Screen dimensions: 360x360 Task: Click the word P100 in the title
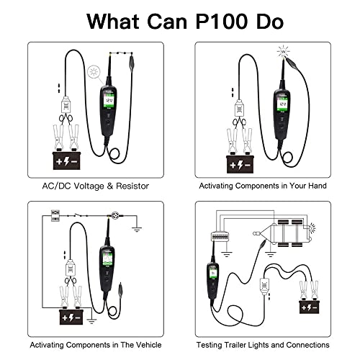pyautogui.click(x=222, y=22)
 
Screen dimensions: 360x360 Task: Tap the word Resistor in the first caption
pyautogui.click(x=132, y=186)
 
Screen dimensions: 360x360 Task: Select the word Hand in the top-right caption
pyautogui.click(x=317, y=186)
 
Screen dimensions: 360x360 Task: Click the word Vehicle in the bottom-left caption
pyautogui.click(x=149, y=345)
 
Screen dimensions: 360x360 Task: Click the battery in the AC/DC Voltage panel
pyautogui.click(x=66, y=160)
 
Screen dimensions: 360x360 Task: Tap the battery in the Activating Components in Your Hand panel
pyautogui.click(x=240, y=164)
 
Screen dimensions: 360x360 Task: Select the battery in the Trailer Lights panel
pyautogui.click(x=310, y=307)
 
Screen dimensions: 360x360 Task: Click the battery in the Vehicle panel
pyautogui.click(x=71, y=317)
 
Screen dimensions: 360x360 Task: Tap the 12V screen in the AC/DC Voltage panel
pyautogui.click(x=109, y=102)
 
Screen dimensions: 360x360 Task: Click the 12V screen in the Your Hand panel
pyautogui.click(x=282, y=104)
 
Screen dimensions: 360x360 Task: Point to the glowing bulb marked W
pyautogui.click(x=284, y=51)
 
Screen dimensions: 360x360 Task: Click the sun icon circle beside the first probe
pyautogui.click(x=94, y=71)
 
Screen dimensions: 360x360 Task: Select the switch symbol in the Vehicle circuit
pyautogui.click(x=77, y=215)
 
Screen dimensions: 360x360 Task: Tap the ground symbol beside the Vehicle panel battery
pyautogui.click(x=91, y=321)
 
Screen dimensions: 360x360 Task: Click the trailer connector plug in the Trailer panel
pyautogui.click(x=220, y=236)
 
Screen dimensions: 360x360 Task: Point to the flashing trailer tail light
pyautogui.click(x=312, y=228)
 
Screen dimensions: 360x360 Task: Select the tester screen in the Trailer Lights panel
pyautogui.click(x=212, y=273)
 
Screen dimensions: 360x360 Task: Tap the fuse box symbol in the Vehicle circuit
pyautogui.click(x=55, y=215)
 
